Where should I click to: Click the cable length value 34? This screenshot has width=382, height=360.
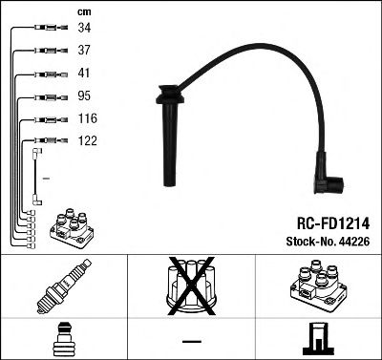coord(83,30)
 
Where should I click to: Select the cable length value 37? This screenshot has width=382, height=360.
coord(83,52)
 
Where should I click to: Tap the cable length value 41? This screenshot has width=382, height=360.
coord(83,74)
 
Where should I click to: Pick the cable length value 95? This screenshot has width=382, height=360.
coord(83,95)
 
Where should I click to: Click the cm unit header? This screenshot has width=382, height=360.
coord(81,11)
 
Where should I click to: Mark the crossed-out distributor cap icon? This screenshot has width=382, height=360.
coord(191,286)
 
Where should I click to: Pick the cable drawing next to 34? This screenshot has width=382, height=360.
coord(43,30)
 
